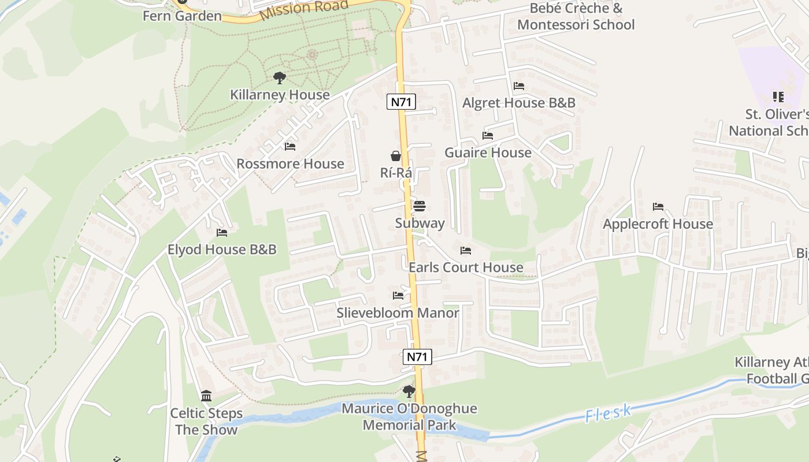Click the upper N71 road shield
pyautogui.click(x=401, y=102)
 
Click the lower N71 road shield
pyautogui.click(x=417, y=356)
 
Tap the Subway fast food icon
pyautogui.click(x=420, y=206)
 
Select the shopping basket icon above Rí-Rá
pyautogui.click(x=396, y=156)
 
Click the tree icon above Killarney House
pyautogui.click(x=280, y=78)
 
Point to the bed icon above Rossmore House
pyautogui.click(x=290, y=147)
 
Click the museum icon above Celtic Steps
pyautogui.click(x=206, y=396)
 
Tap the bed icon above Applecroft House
pyautogui.click(x=658, y=206)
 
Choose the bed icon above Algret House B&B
pyautogui.click(x=519, y=86)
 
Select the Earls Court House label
pyautogui.click(x=466, y=267)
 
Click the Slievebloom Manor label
pyautogui.click(x=398, y=313)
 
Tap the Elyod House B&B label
pyautogui.click(x=222, y=249)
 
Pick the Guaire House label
pyautogui.click(x=488, y=152)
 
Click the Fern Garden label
pyautogui.click(x=183, y=16)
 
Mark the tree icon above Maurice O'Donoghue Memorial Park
pyautogui.click(x=409, y=392)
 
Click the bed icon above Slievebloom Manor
pyautogui.click(x=398, y=296)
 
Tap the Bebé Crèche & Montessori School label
pyautogui.click(x=576, y=16)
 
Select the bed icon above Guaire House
pyautogui.click(x=488, y=136)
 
